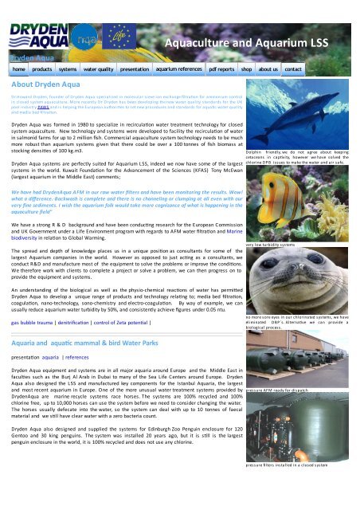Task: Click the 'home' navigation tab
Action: [x=19, y=70]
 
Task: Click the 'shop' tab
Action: [x=247, y=70]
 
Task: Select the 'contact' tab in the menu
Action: [x=293, y=70]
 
